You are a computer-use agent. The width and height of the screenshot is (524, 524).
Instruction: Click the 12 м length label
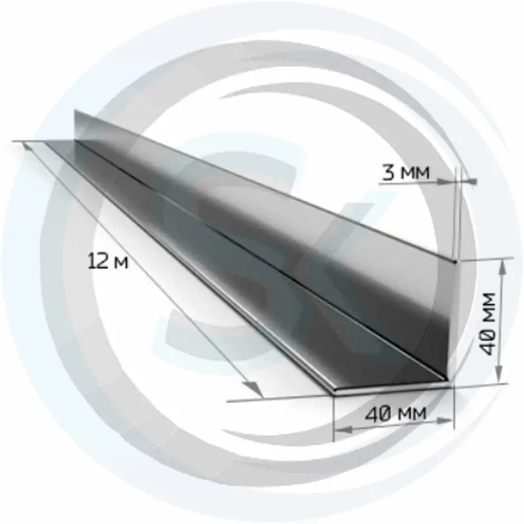[x=108, y=261]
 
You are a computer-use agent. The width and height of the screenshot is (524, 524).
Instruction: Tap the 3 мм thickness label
[x=405, y=172]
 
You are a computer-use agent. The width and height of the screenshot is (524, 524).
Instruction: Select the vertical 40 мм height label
[x=485, y=324]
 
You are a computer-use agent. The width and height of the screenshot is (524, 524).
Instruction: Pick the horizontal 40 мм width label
[x=396, y=414]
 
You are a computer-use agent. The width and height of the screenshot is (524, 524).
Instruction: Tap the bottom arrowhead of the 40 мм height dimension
[x=498, y=375]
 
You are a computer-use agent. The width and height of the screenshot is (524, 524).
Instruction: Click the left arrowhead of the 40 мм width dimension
[x=343, y=430]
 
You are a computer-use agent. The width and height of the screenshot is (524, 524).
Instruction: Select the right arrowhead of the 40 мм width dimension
[x=445, y=422]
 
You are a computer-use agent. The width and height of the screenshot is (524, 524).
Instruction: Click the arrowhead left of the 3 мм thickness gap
[x=447, y=181]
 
